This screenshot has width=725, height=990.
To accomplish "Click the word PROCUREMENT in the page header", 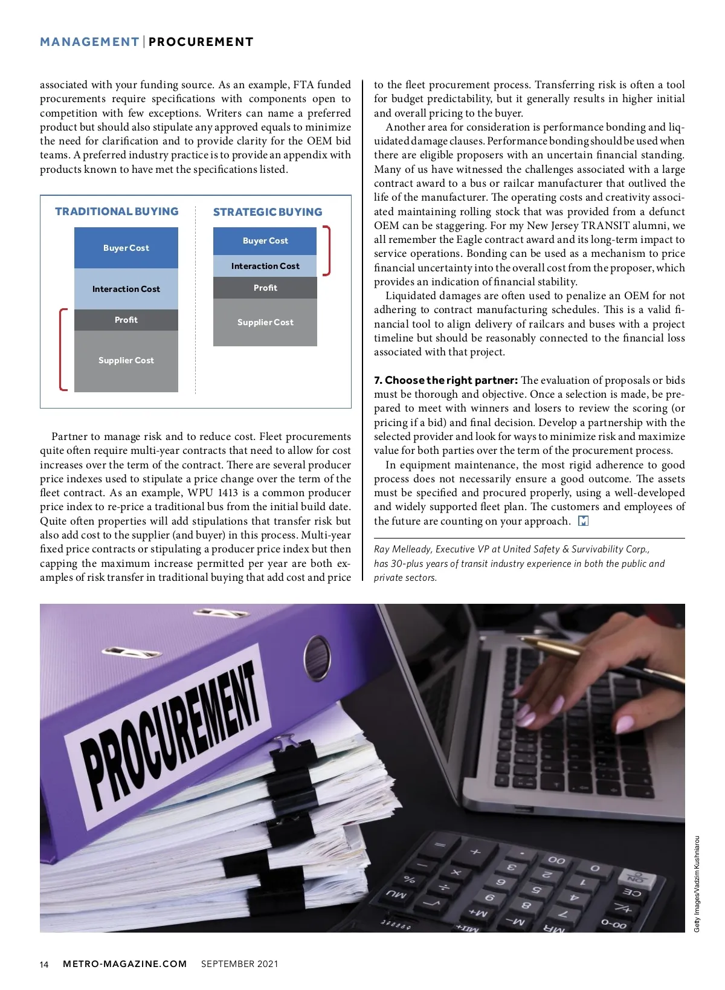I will pos(201,42).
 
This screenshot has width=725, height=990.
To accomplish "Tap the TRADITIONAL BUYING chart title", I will pos(117,212).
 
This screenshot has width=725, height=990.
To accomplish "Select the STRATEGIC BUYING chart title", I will pos(268,212).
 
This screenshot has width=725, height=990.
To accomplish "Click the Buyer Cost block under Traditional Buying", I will pos(126,248).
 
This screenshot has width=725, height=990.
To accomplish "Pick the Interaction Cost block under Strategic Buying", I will pos(265,266).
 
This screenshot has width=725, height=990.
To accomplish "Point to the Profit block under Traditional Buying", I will pos(126,320).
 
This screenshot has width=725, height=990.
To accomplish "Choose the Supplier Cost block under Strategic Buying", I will pos(265,322).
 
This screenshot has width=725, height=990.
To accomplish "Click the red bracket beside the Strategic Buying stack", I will pos(327,251).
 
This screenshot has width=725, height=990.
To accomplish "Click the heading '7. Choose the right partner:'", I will pos(445,380).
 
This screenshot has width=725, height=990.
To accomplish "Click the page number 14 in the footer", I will pos(44,964).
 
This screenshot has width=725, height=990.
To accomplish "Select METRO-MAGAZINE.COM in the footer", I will pos(125,963).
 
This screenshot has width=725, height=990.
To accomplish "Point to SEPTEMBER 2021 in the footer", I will pos(239,963).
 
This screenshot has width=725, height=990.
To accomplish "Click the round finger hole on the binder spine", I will pos(317,656).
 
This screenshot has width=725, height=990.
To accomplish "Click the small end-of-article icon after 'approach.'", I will pos(583,521).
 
